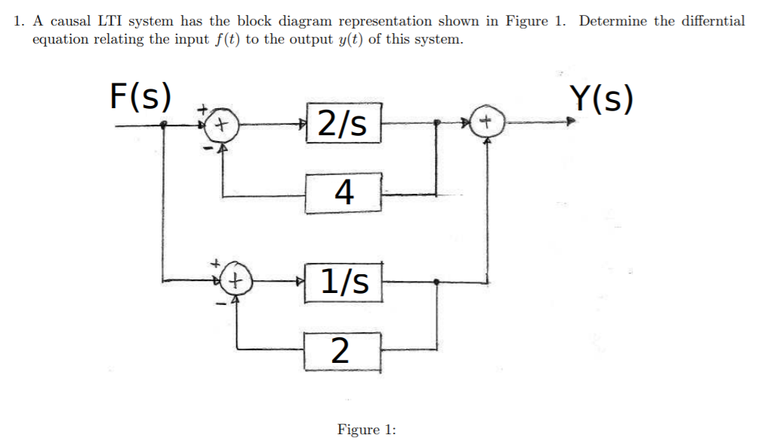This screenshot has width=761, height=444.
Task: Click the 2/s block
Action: [343, 123]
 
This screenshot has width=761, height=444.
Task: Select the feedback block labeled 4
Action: [343, 192]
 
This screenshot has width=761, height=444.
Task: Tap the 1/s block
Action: [344, 282]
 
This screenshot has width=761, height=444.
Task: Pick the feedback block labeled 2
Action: [341, 350]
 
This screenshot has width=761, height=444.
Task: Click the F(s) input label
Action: [140, 96]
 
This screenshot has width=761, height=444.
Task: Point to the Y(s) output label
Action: [601, 98]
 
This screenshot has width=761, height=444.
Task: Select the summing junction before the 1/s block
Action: [237, 282]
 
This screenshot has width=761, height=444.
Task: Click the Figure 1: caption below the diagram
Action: [366, 430]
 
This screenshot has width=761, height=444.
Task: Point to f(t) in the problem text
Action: [224, 39]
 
